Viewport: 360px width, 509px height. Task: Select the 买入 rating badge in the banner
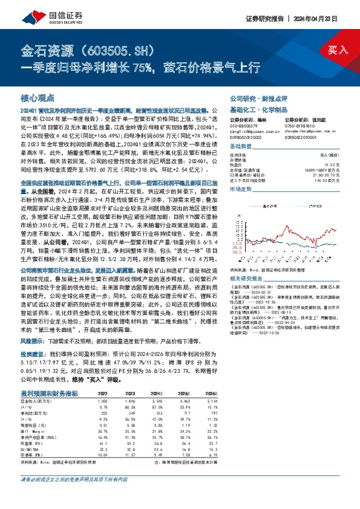tap(337, 50)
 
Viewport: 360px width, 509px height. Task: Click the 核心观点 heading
tap(38, 97)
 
